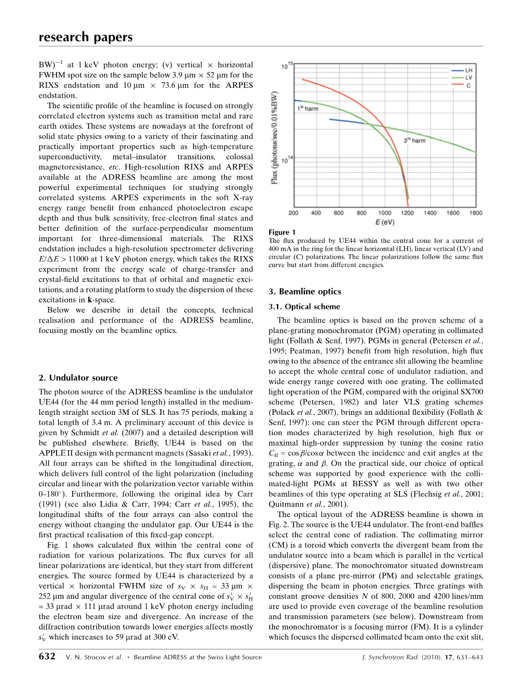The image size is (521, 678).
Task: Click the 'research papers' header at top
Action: click(85, 37)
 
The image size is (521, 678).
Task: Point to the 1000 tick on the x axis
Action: click(385, 213)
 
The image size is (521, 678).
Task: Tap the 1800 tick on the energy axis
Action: click(475, 213)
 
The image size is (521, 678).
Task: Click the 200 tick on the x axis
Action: click(293, 213)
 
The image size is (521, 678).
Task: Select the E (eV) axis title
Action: click(385, 223)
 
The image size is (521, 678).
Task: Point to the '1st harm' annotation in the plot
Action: click(308, 109)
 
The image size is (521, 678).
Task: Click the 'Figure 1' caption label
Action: click(282, 232)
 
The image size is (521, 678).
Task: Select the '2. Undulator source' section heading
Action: click(78, 378)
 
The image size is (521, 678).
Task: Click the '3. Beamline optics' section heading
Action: click(304, 292)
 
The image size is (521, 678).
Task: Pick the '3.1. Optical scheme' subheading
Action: click(304, 307)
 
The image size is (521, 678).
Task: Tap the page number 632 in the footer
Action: click(47, 657)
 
